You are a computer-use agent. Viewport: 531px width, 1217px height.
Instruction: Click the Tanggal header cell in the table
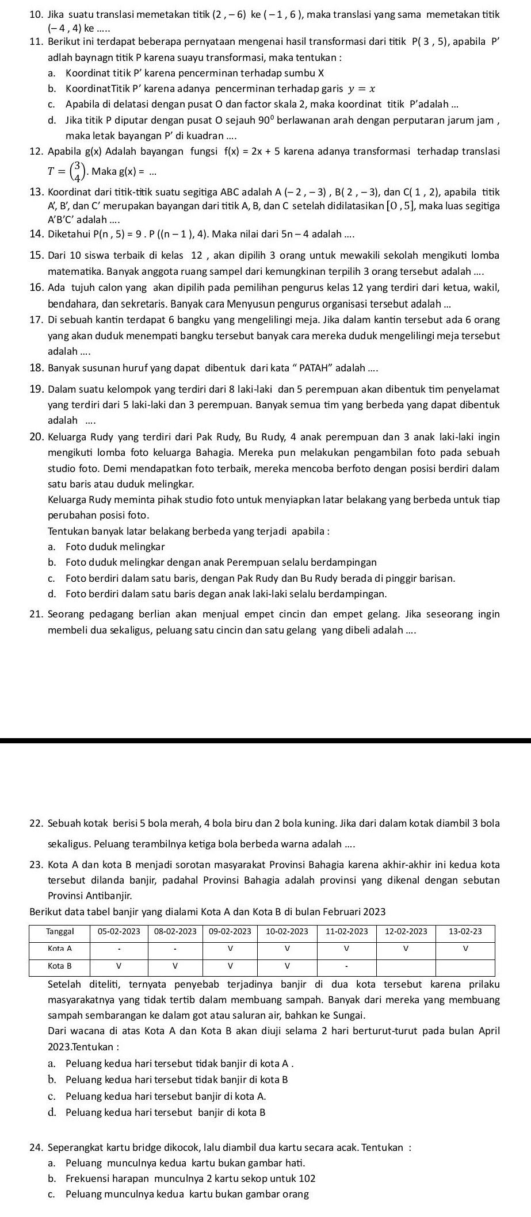[x=59, y=931]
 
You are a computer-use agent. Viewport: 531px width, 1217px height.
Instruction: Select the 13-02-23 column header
[x=465, y=931]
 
